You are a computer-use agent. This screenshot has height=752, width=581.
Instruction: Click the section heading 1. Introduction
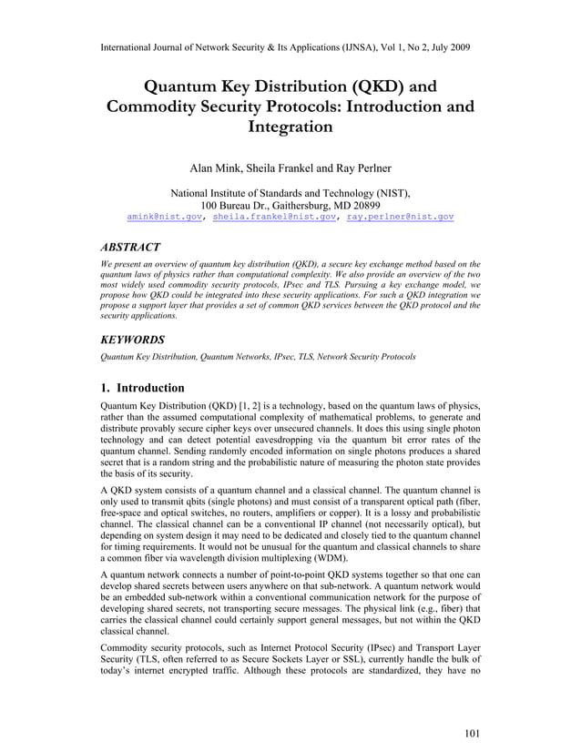[145, 388]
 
